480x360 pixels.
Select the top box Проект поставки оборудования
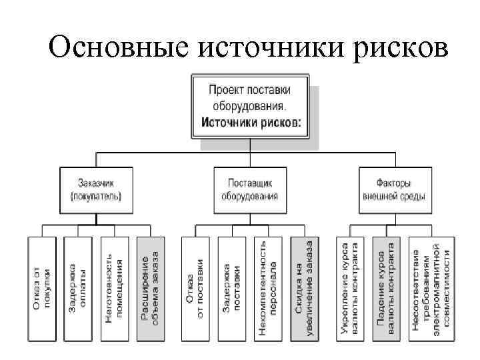(x=250, y=107)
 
